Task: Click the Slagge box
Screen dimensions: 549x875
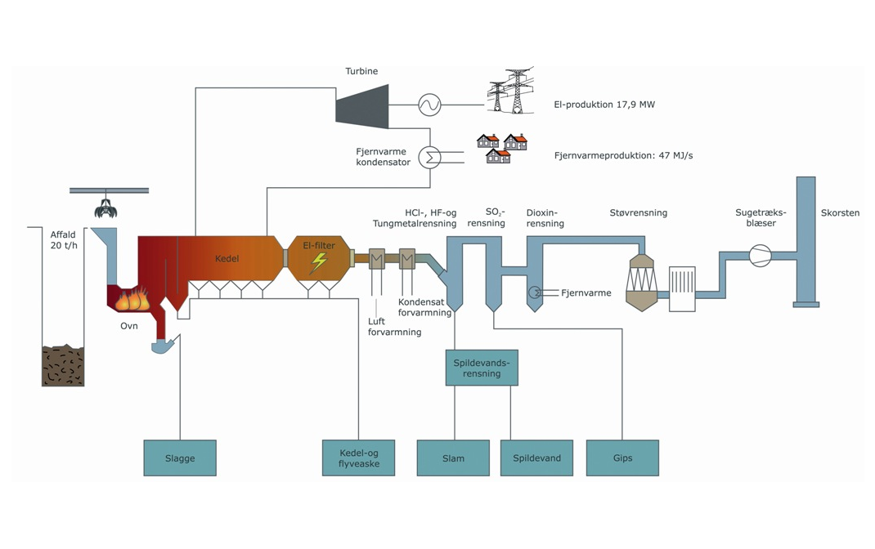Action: click(x=180, y=457)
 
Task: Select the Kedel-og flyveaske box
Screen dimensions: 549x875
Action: click(x=359, y=457)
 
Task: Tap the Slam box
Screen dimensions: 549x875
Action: click(x=453, y=457)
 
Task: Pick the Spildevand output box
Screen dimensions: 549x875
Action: click(x=536, y=457)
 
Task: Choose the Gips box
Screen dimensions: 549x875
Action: click(x=622, y=457)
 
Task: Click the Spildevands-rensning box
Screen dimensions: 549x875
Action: click(x=482, y=368)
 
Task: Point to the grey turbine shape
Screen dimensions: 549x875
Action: click(x=363, y=105)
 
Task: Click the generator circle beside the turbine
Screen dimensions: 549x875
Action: click(x=429, y=105)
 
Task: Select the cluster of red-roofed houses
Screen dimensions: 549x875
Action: click(x=502, y=148)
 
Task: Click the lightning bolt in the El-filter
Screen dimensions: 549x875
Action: click(x=318, y=262)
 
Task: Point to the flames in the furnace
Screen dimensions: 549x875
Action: click(x=132, y=300)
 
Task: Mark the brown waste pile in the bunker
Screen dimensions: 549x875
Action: click(x=63, y=365)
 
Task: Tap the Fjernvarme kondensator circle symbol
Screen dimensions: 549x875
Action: click(x=429, y=156)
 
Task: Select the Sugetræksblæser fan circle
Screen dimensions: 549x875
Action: click(x=760, y=256)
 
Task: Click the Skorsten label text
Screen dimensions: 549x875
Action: click(x=840, y=213)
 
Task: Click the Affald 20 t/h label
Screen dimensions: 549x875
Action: click(x=63, y=240)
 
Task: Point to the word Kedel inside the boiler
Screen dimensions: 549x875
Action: click(x=227, y=259)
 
